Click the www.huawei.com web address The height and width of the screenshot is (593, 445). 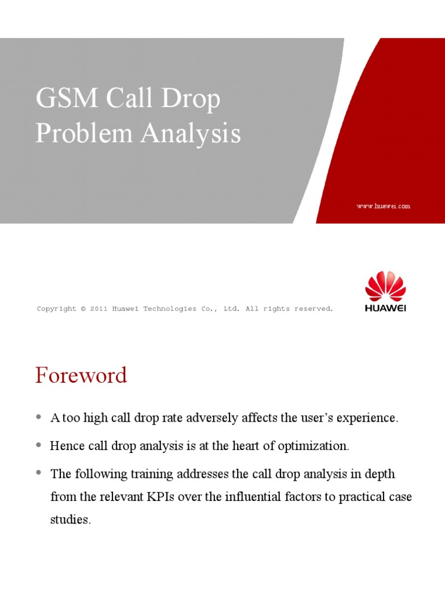[384, 206]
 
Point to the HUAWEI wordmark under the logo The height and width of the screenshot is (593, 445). [385, 308]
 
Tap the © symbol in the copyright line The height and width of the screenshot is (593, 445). [83, 309]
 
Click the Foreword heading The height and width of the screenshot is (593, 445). [81, 375]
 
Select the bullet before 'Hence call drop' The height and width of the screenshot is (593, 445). [39, 445]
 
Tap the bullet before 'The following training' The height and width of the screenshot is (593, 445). [39, 473]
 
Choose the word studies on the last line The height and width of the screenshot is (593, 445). [70, 519]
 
